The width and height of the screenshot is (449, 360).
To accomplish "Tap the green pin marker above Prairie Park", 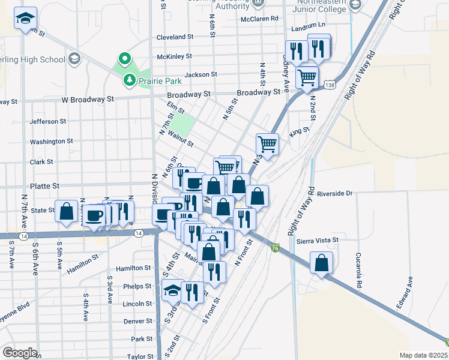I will click(125, 59).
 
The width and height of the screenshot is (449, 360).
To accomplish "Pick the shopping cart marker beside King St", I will click(267, 143).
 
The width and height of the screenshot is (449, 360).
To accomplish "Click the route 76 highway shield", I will click(274, 248).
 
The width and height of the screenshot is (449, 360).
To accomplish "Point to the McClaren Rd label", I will click(259, 19).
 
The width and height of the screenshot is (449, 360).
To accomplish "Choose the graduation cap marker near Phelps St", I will click(172, 291).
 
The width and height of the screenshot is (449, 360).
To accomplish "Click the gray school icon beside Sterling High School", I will click(73, 59).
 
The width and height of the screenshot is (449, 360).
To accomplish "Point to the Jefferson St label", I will click(47, 121).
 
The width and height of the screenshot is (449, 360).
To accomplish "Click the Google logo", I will click(20, 353).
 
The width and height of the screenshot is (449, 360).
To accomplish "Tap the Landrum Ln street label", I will click(307, 26).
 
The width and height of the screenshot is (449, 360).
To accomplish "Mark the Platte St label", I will click(45, 187).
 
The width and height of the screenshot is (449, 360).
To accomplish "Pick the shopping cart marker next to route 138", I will click(307, 77).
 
